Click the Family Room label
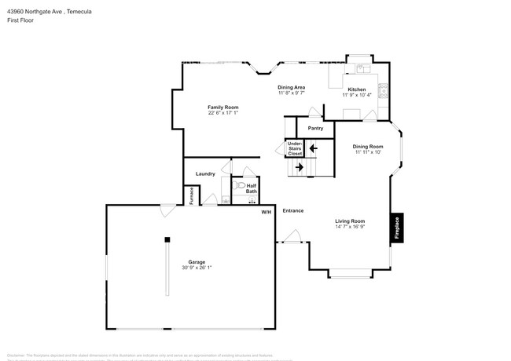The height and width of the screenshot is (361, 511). pyautogui.click(x=222, y=107)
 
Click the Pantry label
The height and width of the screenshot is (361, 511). pyautogui.click(x=315, y=128)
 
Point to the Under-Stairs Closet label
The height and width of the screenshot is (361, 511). pyautogui.click(x=295, y=148)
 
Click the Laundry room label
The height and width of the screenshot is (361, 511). pyautogui.click(x=205, y=173)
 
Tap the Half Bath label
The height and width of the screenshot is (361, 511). pyautogui.click(x=251, y=189)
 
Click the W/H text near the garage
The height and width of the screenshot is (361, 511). pyautogui.click(x=266, y=210)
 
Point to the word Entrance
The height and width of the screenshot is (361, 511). pyautogui.click(x=293, y=210)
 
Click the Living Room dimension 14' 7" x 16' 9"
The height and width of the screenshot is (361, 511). pyautogui.click(x=351, y=227)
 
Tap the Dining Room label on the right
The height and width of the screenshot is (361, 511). pyautogui.click(x=368, y=147)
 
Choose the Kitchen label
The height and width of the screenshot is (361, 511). pyautogui.click(x=358, y=89)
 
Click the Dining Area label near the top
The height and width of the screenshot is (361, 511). pyautogui.click(x=291, y=87)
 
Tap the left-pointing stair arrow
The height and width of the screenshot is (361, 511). pyautogui.click(x=312, y=147)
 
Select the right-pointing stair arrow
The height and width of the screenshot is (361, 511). pyautogui.click(x=300, y=167)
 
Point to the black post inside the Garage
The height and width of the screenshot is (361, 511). pyautogui.click(x=167, y=239)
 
